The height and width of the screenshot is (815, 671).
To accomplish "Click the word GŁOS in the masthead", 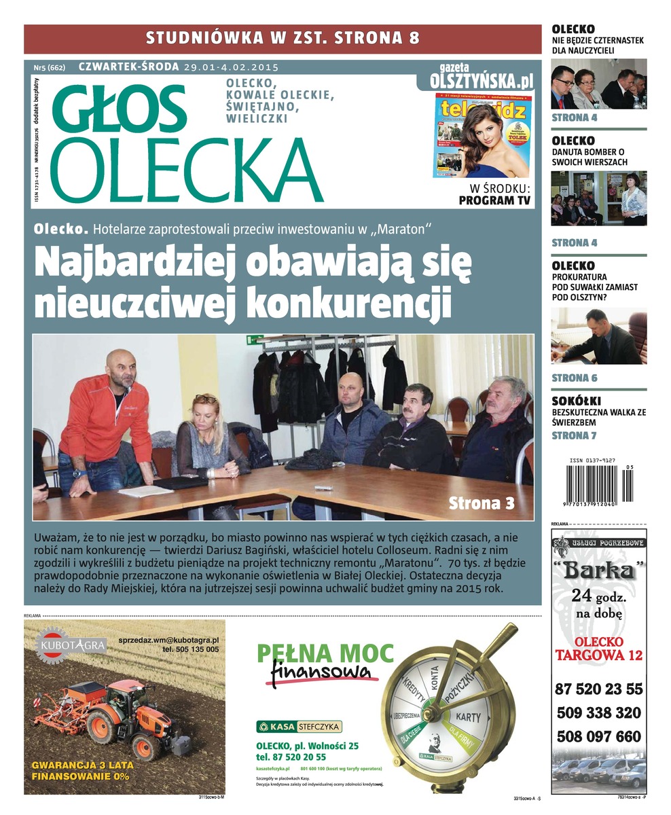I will (x=120, y=108).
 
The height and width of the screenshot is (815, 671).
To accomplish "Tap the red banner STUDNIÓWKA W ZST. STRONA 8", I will (x=283, y=38).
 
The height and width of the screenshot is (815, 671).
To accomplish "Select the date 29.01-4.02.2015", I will (x=231, y=67).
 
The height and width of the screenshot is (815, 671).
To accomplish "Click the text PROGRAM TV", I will (x=495, y=200).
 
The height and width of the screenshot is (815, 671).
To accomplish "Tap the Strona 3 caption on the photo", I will (x=482, y=503).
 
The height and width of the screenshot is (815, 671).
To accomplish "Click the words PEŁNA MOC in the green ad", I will (x=325, y=653).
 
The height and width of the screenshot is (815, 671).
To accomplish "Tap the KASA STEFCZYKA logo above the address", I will (x=299, y=727).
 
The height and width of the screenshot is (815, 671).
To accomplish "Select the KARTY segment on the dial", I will (x=468, y=717).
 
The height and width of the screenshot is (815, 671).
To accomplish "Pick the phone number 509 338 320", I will (x=598, y=713).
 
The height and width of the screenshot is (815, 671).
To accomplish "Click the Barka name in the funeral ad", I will (x=598, y=570).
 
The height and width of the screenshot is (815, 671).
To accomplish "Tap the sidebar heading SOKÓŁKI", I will (x=576, y=401).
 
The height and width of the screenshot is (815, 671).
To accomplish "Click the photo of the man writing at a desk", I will (x=598, y=336).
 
